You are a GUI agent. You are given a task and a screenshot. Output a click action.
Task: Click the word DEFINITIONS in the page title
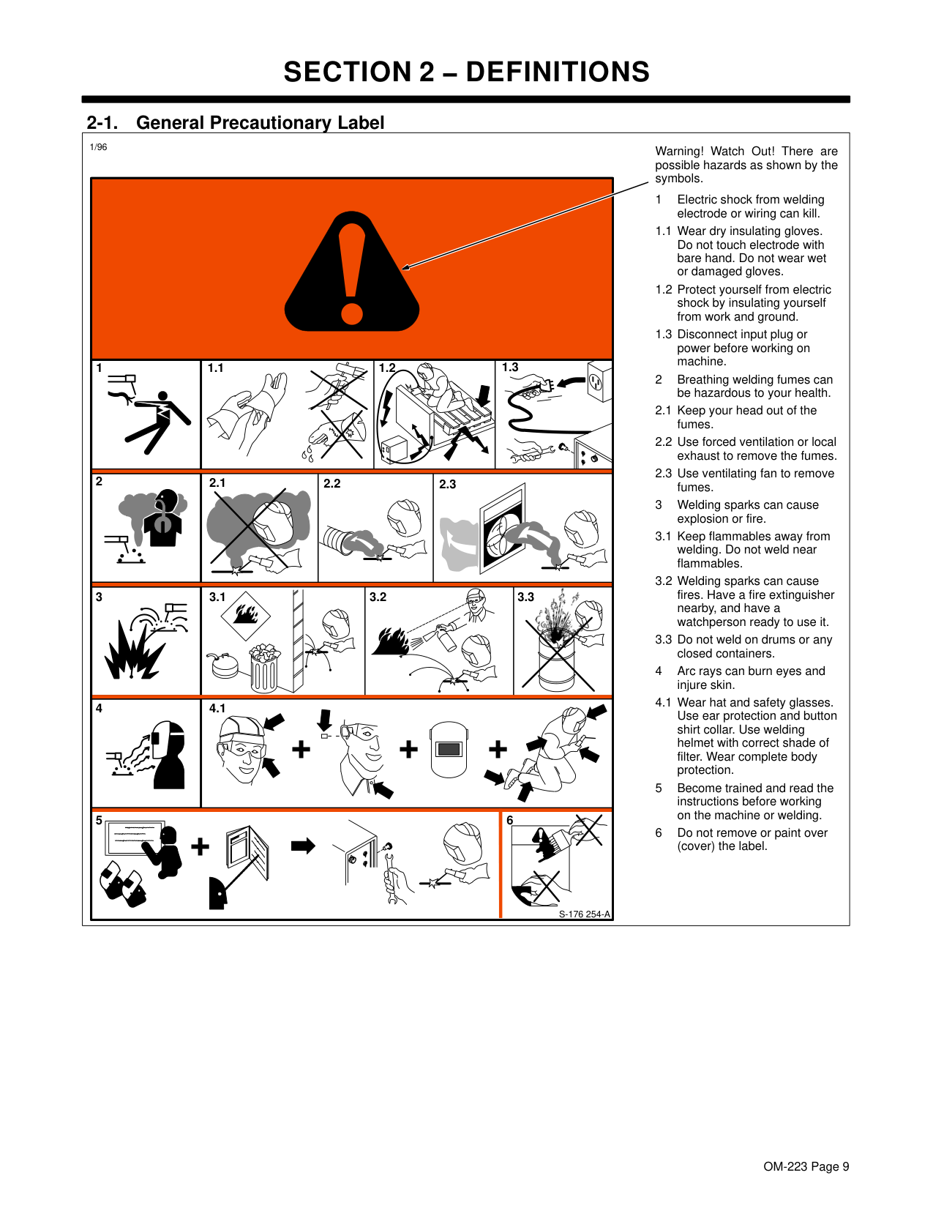558,72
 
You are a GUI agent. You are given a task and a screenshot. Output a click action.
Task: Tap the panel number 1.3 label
509,368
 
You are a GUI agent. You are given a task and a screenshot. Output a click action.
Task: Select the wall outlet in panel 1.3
599,381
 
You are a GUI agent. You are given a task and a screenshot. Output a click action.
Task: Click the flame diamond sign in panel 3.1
246,616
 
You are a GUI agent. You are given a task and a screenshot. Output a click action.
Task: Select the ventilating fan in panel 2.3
503,529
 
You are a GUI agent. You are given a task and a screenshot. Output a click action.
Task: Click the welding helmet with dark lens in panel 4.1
449,749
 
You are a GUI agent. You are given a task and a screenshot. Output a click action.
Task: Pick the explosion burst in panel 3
133,650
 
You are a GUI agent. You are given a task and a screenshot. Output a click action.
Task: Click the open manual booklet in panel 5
248,854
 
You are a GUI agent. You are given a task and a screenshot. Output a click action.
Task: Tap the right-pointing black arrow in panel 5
303,846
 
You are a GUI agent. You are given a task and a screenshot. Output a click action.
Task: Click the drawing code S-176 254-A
584,914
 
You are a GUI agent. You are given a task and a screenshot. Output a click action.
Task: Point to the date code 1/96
98,146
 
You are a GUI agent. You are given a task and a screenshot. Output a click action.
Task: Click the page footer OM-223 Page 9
806,1166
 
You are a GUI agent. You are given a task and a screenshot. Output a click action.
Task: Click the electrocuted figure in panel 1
158,422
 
